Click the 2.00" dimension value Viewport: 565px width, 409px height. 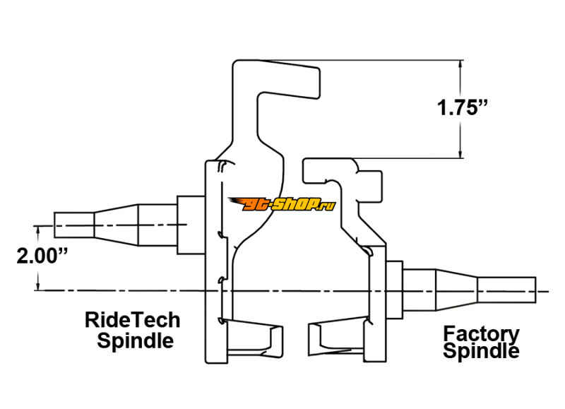(42, 256)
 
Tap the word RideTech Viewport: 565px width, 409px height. (132, 320)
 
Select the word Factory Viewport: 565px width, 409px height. (481, 333)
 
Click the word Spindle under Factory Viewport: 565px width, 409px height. (481, 350)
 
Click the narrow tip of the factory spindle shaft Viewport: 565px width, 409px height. (506, 290)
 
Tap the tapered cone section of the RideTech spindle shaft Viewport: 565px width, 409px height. (115, 224)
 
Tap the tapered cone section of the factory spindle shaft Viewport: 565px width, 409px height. (456, 290)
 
